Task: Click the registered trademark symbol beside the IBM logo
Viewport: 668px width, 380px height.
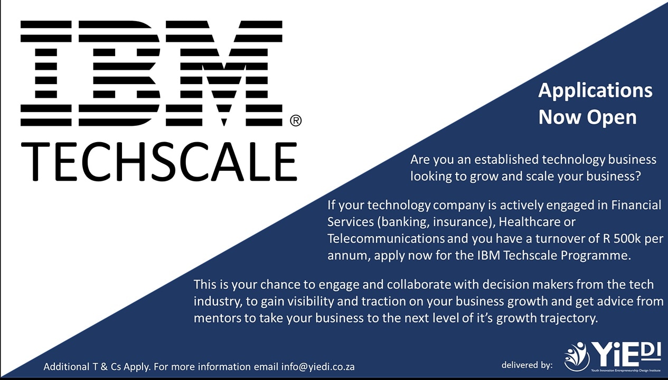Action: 296,121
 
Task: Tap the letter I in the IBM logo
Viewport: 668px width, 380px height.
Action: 46,73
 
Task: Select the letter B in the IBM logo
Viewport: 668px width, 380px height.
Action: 119,73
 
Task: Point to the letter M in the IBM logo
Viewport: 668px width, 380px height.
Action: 224,73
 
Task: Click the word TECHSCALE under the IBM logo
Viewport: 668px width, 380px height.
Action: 159,162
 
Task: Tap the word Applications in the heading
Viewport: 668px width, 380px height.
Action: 595,91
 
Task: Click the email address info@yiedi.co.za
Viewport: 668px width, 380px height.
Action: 318,367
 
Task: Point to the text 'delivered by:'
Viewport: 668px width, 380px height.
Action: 527,365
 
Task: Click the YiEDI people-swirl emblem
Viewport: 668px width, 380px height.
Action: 577,356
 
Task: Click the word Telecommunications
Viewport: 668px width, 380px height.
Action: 386,238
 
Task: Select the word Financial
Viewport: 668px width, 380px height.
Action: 636,205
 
